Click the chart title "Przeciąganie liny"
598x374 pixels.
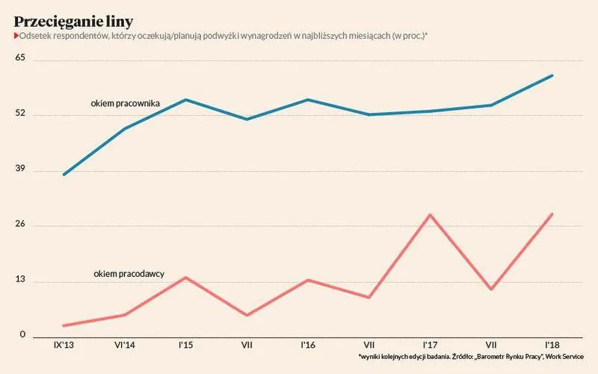(x=73, y=22)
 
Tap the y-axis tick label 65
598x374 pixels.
(x=20, y=57)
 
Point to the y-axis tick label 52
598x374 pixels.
(x=20, y=113)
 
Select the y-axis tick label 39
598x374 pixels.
(x=20, y=169)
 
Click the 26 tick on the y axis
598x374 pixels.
(x=20, y=223)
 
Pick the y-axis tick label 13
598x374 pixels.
(x=20, y=279)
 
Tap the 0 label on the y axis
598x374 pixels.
(x=22, y=334)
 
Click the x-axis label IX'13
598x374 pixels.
(x=64, y=346)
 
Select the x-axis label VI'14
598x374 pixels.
(x=125, y=346)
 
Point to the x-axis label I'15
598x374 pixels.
(x=185, y=346)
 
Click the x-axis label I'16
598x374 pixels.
(x=308, y=346)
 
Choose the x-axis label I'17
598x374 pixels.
(x=430, y=346)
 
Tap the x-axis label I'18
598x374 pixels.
(x=552, y=346)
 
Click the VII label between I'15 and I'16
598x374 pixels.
(x=247, y=346)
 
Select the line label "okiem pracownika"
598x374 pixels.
(x=125, y=104)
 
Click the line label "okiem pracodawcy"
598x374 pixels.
(x=129, y=274)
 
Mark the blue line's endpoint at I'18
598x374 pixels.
(x=552, y=76)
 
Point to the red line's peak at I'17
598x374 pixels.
(x=430, y=215)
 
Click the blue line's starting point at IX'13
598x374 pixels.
(x=64, y=175)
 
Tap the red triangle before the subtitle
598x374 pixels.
(x=16, y=36)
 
